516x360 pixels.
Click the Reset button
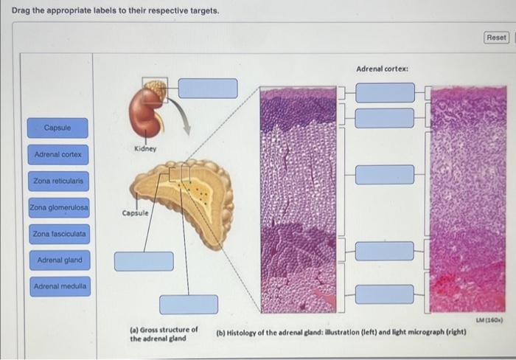click(x=496, y=37)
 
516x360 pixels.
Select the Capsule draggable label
click(x=57, y=128)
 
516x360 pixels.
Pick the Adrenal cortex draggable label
click(x=57, y=155)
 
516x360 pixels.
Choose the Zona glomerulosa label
click(x=59, y=208)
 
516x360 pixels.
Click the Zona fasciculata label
click(x=59, y=235)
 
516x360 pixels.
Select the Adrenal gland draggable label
click(x=59, y=260)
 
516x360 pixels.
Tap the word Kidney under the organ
click(x=146, y=149)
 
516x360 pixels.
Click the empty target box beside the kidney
click(x=208, y=88)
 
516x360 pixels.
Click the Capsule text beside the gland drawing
click(x=135, y=212)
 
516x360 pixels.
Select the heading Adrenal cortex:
click(x=382, y=69)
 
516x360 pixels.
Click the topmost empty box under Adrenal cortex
click(x=385, y=92)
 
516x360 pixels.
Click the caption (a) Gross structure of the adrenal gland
click(x=163, y=333)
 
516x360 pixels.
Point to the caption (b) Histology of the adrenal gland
click(x=341, y=333)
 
